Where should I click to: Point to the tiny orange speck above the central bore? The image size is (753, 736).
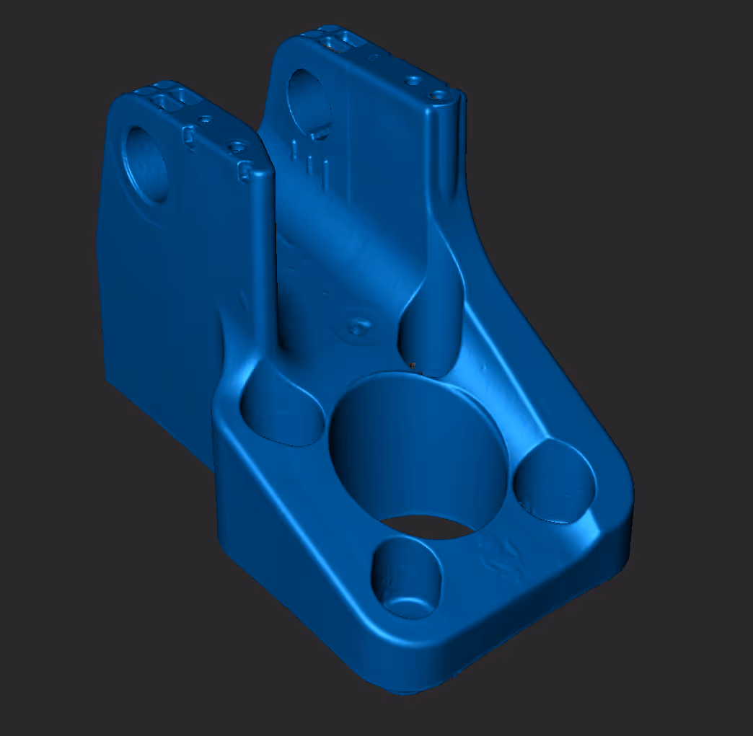[413, 365]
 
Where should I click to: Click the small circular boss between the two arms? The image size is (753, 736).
[355, 328]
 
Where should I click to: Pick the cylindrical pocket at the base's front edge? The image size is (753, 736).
[406, 577]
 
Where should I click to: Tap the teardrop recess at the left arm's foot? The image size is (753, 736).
[281, 411]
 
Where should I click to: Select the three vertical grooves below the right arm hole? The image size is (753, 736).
[311, 163]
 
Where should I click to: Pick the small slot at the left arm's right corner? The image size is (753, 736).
[245, 171]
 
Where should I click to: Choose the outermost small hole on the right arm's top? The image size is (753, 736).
[438, 94]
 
